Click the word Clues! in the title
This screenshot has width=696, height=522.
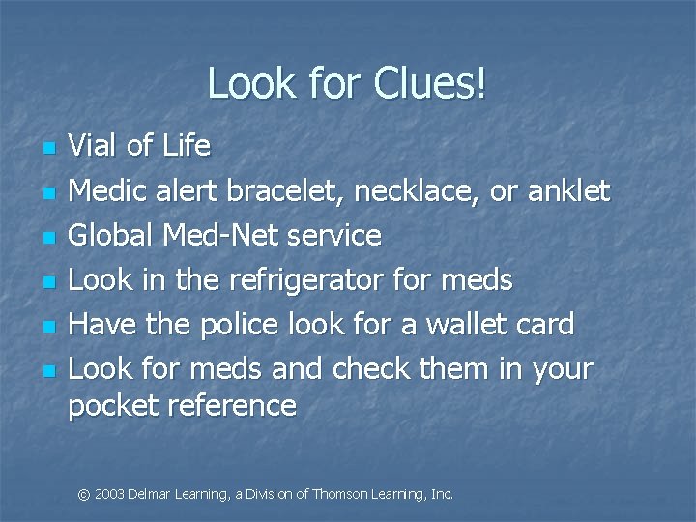click(422, 85)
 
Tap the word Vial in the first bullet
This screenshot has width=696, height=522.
click(94, 147)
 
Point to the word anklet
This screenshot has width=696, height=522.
click(569, 191)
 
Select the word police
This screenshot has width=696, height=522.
click(245, 325)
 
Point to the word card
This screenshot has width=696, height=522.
click(541, 325)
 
